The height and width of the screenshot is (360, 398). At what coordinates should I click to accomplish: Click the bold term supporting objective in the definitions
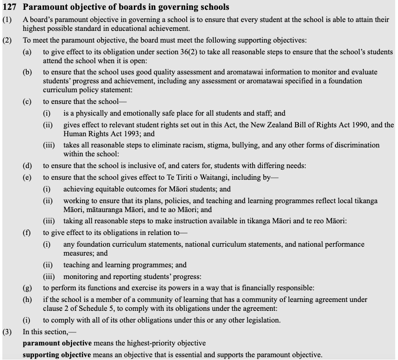pyautogui.click(x=57, y=355)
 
